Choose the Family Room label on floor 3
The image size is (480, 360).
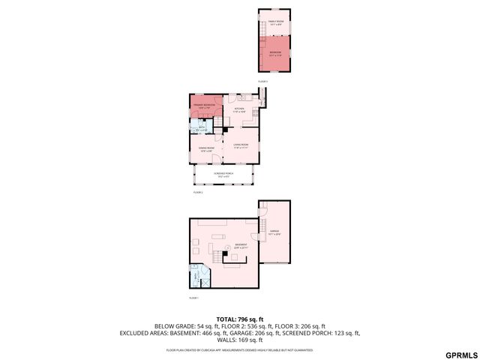pos(275,22)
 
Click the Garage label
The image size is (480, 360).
pos(274,233)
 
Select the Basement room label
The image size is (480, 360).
pos(241,246)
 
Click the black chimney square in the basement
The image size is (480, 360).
pos(225,254)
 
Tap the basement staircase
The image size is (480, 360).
pos(217,258)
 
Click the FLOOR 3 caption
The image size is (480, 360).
pos(262,81)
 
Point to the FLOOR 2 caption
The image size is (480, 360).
pos(198,193)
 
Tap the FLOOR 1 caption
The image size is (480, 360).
pos(193,298)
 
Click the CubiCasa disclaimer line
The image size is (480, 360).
pos(240,349)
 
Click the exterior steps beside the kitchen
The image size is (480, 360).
pos(262,96)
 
